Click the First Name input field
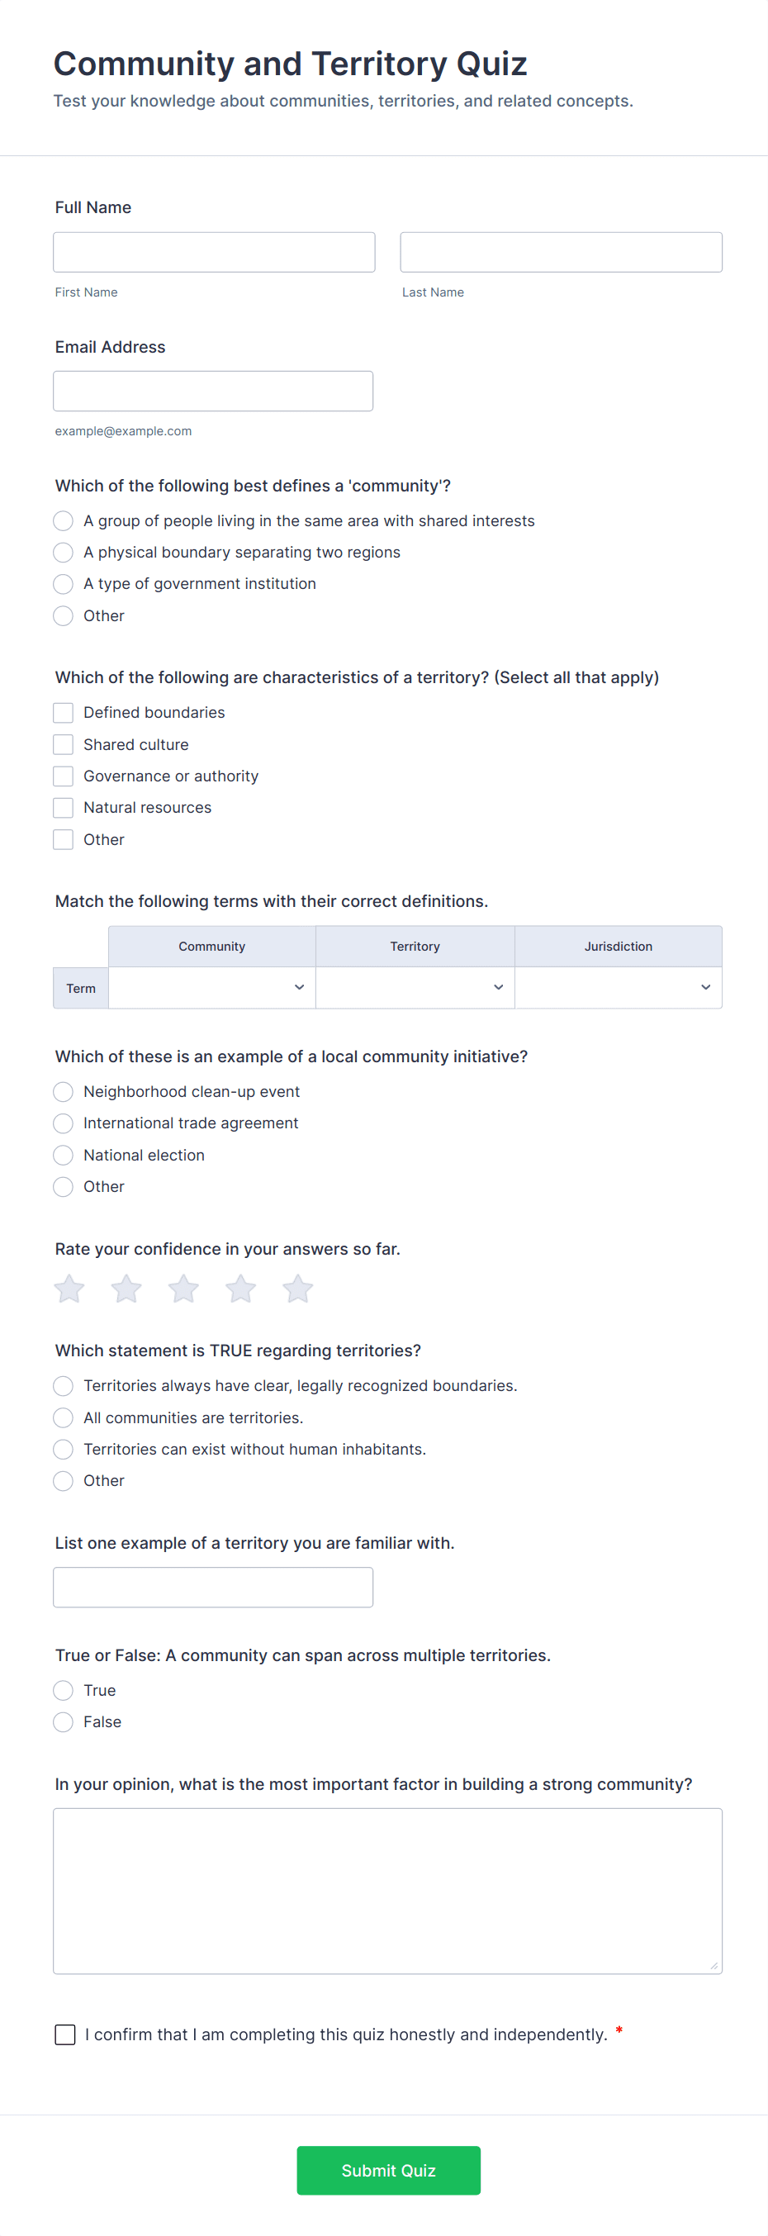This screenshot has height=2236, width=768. pyautogui.click(x=214, y=252)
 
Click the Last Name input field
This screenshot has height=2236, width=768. pyautogui.click(x=561, y=252)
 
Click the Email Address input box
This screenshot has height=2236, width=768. pyautogui.click(x=212, y=391)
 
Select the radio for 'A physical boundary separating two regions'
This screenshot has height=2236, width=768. pyautogui.click(x=64, y=552)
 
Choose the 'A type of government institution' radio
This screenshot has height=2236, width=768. pyautogui.click(x=64, y=583)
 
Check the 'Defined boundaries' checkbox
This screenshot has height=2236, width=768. pyautogui.click(x=64, y=713)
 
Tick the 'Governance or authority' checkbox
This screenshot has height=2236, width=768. pyautogui.click(x=64, y=776)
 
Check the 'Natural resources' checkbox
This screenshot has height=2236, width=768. pyautogui.click(x=64, y=807)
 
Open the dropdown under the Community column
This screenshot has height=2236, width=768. pyautogui.click(x=211, y=987)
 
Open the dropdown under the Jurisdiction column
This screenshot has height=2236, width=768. pyautogui.click(x=618, y=987)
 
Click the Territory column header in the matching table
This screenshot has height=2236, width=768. pyautogui.click(x=415, y=946)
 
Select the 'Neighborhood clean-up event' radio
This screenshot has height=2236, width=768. pyautogui.click(x=64, y=1091)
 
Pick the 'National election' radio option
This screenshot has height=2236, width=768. pyautogui.click(x=64, y=1155)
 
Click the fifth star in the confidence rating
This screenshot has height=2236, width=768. pyautogui.click(x=297, y=1289)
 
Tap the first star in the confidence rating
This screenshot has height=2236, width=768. pyautogui.click(x=69, y=1289)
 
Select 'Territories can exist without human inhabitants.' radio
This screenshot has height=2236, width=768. pyautogui.click(x=64, y=1449)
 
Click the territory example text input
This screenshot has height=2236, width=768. pyautogui.click(x=212, y=1587)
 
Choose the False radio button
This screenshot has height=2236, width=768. pyautogui.click(x=64, y=1721)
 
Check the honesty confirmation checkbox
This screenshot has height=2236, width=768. pyautogui.click(x=65, y=2034)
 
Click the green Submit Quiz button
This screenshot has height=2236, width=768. pyautogui.click(x=388, y=2170)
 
